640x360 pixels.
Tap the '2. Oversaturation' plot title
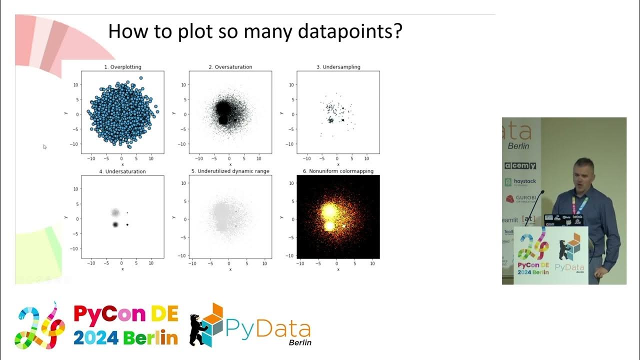[x=230, y=66]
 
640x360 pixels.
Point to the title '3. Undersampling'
[x=338, y=66]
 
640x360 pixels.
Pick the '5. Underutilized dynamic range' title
[x=230, y=171]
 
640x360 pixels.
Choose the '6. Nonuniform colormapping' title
[x=338, y=171]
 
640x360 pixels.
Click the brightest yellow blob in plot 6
[x=329, y=211]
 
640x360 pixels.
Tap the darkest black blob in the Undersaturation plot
[x=115, y=225]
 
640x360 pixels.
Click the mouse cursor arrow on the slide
[x=44, y=146]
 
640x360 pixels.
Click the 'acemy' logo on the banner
[x=520, y=165]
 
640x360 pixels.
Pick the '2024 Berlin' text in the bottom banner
[x=125, y=338]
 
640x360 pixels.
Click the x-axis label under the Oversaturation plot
[x=230, y=164]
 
